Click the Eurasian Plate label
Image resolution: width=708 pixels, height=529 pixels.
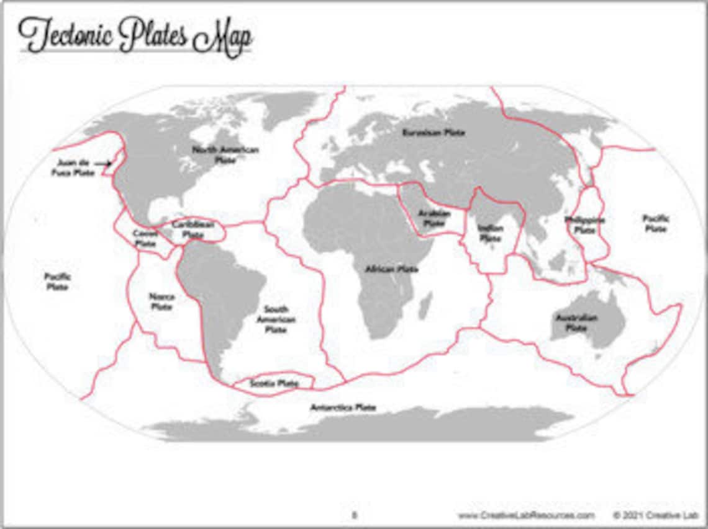click(433, 133)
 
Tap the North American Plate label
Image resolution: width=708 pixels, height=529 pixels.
click(216, 154)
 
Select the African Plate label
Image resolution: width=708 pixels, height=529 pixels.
click(391, 269)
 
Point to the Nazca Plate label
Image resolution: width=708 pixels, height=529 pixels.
click(161, 301)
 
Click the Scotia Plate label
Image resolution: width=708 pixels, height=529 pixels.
click(274, 384)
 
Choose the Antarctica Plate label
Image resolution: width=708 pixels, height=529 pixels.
click(343, 407)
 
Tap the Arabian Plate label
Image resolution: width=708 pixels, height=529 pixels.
click(433, 218)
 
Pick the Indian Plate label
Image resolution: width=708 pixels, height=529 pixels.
click(490, 233)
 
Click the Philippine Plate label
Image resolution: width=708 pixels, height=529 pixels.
click(584, 224)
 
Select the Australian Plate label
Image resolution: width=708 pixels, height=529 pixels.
click(576, 322)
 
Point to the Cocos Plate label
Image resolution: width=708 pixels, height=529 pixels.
click(145, 239)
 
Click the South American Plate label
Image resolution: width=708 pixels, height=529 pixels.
click(276, 319)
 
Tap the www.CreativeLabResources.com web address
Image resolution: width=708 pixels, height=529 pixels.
click(525, 515)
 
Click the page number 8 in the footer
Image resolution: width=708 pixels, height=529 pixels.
click(355, 515)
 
